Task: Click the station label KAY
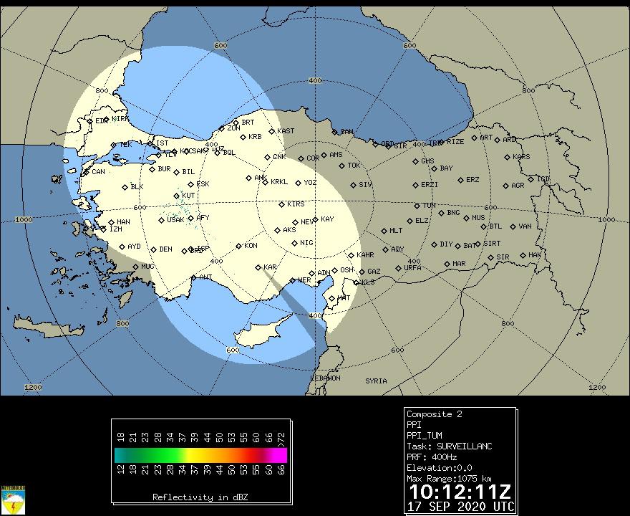[x=327, y=219]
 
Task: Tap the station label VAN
[x=525, y=226]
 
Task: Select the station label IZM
[x=115, y=229]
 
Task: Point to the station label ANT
[x=206, y=277]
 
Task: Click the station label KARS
[x=522, y=157]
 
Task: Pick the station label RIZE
[x=455, y=142]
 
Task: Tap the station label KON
[x=251, y=246]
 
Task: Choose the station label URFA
[x=412, y=268]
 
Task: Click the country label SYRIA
[x=376, y=381]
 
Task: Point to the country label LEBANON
[x=325, y=378]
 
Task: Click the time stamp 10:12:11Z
[x=460, y=492]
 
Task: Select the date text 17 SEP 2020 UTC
[x=460, y=506]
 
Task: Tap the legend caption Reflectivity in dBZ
[x=200, y=497]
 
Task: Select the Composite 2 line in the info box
[x=434, y=414]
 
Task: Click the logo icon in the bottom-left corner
[x=14, y=500]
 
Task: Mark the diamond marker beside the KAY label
[x=315, y=220]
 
